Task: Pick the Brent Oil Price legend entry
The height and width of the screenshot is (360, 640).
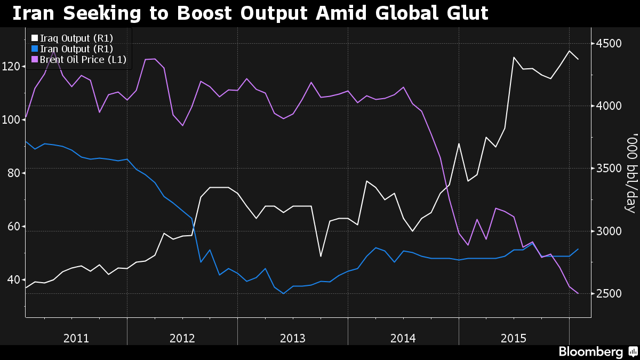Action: (x=83, y=59)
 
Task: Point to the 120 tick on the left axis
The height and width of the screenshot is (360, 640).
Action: (x=11, y=67)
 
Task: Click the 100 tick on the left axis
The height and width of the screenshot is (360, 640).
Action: (x=11, y=120)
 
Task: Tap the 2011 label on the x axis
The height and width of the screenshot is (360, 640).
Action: (x=76, y=338)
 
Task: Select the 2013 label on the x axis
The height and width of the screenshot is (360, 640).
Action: (x=292, y=338)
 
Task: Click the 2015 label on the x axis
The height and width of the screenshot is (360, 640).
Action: (x=514, y=338)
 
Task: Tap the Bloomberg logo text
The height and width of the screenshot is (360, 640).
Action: (x=590, y=352)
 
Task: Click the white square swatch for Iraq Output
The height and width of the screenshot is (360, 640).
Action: (x=35, y=38)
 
